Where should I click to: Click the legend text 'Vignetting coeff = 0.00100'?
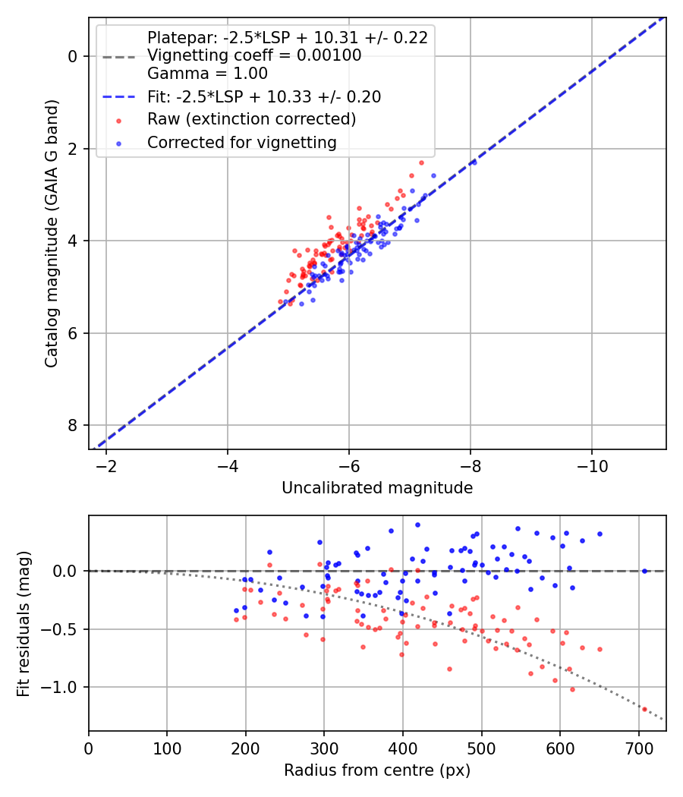(x=254, y=55)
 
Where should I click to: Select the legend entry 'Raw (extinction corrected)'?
(x=251, y=119)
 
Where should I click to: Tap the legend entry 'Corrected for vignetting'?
(x=242, y=142)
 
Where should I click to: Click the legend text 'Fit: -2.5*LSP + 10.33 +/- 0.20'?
(x=264, y=97)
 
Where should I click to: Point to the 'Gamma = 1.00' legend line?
(x=207, y=74)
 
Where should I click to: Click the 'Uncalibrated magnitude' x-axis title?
(x=377, y=488)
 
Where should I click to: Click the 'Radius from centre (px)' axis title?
(x=377, y=770)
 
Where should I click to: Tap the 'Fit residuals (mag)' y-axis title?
(x=24, y=623)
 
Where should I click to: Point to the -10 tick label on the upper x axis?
(x=592, y=466)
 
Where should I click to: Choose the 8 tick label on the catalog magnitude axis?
(x=73, y=425)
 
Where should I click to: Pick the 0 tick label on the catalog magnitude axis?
(x=73, y=56)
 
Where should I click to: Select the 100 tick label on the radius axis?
(x=167, y=748)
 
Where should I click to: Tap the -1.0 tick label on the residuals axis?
(x=63, y=687)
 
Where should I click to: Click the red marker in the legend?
(x=118, y=120)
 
